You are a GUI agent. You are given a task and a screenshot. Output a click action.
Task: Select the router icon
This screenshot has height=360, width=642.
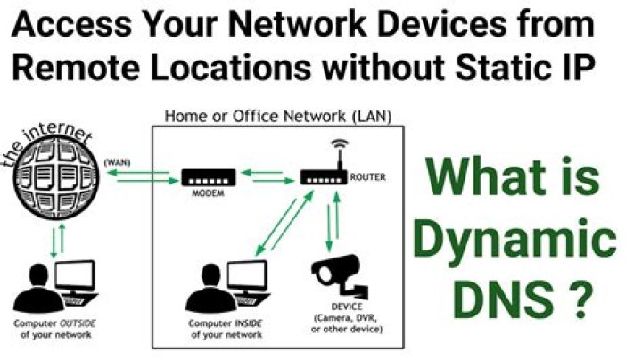pos(324,177)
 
